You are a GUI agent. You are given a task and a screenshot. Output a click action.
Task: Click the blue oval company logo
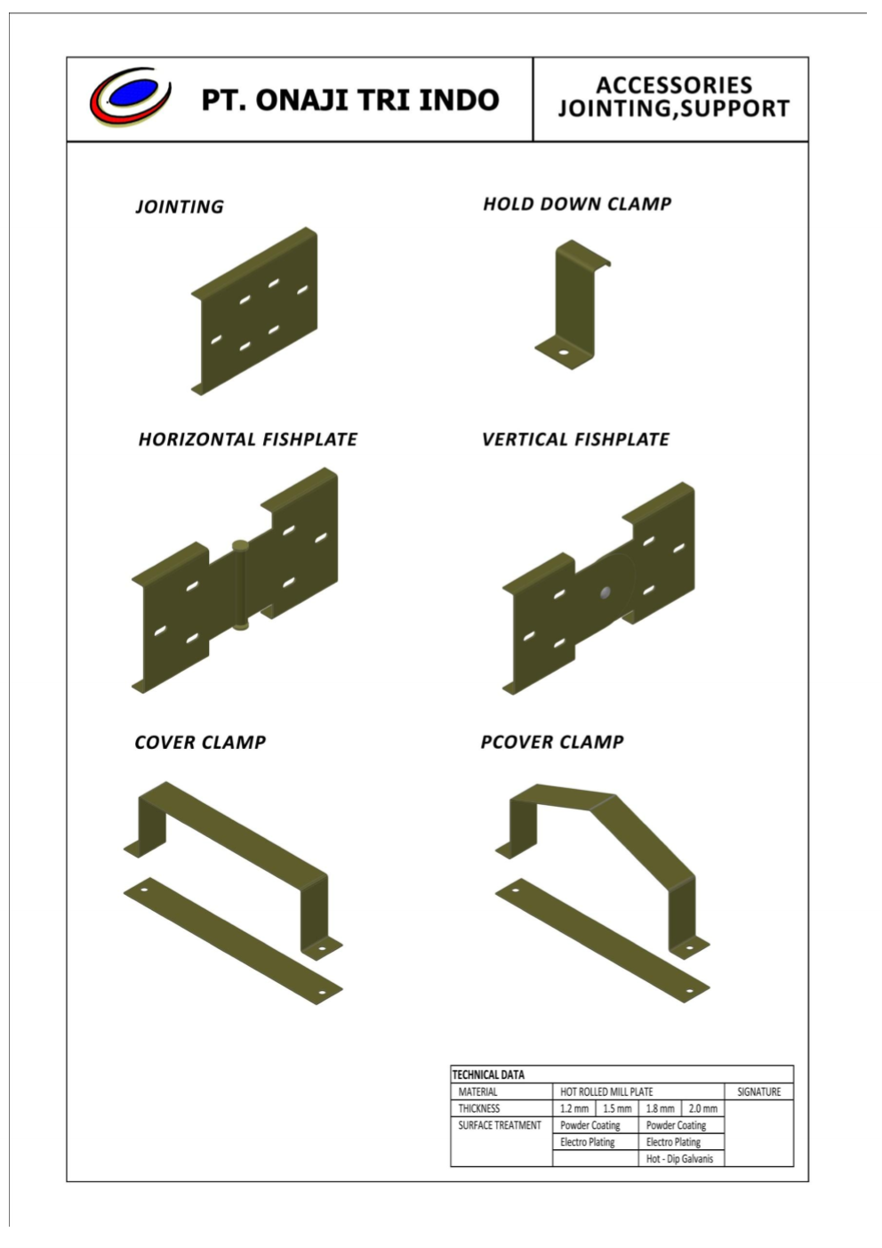132,96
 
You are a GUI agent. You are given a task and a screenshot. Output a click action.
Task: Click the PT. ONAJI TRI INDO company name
350,101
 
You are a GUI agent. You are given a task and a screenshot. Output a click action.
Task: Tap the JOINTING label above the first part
180,206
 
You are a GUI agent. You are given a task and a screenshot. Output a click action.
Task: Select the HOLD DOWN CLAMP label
577,204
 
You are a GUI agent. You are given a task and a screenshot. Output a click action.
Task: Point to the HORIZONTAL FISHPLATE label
248,439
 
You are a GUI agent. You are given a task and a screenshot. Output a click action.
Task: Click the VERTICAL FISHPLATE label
575,439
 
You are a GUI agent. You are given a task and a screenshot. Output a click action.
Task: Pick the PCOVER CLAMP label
552,742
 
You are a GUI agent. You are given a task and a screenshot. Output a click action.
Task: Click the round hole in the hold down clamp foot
565,352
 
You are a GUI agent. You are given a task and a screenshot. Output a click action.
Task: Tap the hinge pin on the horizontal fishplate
240,585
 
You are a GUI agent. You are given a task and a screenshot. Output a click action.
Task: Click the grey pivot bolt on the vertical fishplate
605,592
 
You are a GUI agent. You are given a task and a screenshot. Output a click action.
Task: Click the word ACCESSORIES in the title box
674,85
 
